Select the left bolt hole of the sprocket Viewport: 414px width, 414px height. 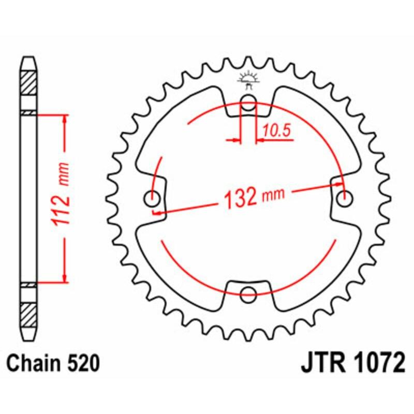tap(153, 197)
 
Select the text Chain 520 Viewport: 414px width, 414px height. tap(53, 364)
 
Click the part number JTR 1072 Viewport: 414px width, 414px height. tap(352, 364)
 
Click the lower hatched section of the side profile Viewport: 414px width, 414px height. tap(29, 314)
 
